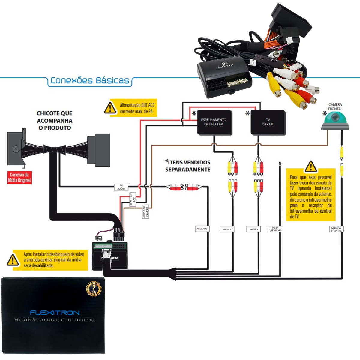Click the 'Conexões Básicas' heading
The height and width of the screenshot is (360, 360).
point(90,80)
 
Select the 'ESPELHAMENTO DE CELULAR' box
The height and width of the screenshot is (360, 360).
point(214,122)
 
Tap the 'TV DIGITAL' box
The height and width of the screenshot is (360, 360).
point(268,122)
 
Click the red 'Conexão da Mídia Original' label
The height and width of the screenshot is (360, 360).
point(19,177)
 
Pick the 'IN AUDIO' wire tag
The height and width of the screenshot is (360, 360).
point(121,187)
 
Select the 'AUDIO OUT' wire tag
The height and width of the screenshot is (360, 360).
point(202,229)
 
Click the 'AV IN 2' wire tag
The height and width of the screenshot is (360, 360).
point(227,229)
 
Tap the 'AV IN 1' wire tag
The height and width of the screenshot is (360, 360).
point(254,229)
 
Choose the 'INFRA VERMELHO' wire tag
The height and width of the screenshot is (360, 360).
point(275,229)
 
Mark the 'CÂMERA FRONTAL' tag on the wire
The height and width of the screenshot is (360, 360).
point(336,229)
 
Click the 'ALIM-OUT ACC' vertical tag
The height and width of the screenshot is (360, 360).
point(133,199)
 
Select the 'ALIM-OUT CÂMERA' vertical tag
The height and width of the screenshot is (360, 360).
point(145,211)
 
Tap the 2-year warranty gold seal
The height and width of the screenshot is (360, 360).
point(94,289)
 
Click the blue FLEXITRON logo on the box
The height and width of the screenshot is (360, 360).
point(55,313)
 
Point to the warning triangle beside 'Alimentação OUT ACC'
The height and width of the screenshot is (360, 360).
point(110,108)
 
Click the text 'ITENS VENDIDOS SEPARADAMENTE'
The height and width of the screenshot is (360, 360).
point(188,166)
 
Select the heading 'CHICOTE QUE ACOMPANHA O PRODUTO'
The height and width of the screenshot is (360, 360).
point(55,120)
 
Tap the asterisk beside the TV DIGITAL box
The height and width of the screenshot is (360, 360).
point(247,113)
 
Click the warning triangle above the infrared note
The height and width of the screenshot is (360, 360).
point(311,166)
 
